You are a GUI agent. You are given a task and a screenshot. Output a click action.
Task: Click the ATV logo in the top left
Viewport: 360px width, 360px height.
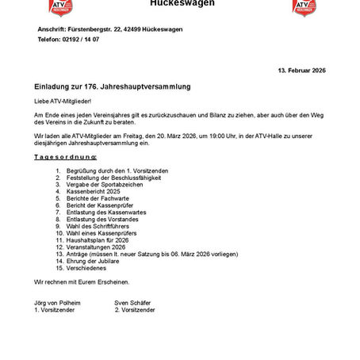click(x=60, y=7)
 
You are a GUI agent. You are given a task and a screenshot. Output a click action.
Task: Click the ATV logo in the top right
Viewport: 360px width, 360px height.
click(x=304, y=7)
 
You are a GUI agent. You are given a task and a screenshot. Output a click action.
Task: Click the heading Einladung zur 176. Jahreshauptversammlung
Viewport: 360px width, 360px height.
click(x=113, y=85)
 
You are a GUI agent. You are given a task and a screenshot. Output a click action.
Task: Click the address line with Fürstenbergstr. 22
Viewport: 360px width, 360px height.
click(x=110, y=29)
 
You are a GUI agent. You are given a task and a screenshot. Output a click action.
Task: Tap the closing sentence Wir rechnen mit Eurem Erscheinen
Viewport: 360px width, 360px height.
click(x=81, y=282)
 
